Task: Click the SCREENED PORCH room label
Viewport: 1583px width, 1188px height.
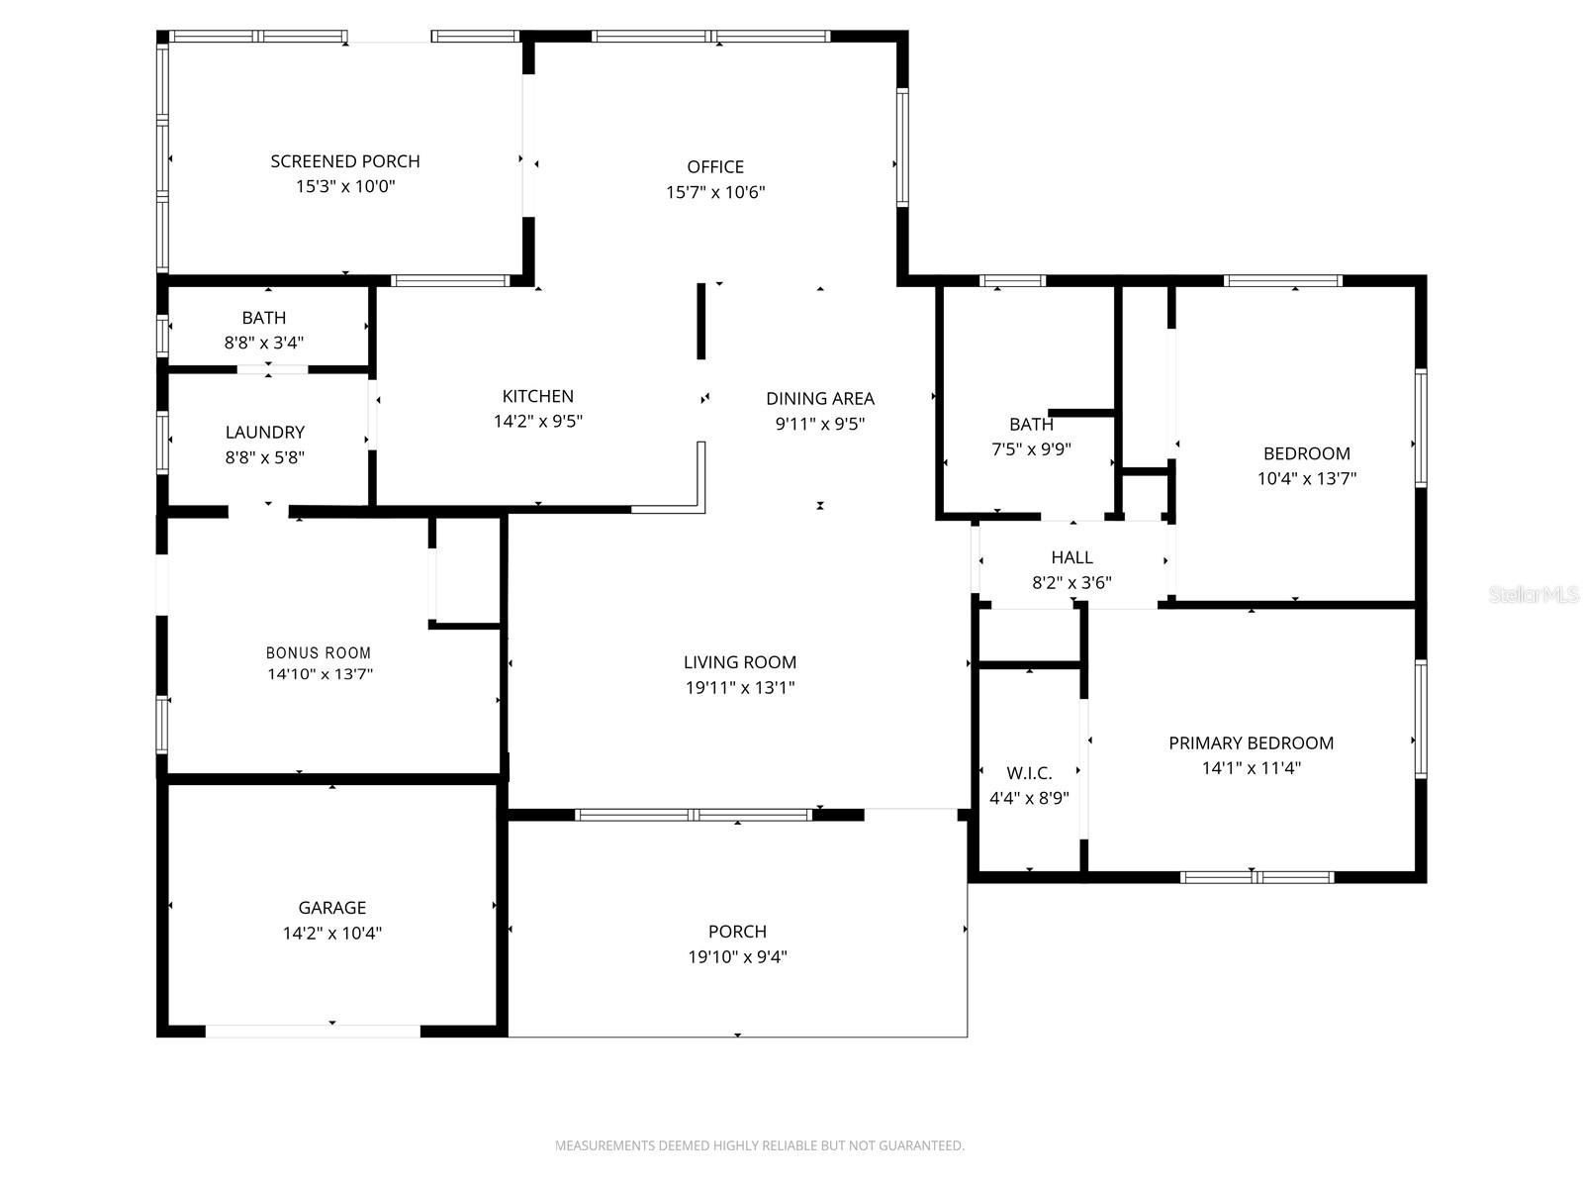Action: point(344,161)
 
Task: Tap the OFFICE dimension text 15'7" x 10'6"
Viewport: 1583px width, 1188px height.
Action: point(714,192)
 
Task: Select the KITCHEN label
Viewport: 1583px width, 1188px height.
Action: point(538,396)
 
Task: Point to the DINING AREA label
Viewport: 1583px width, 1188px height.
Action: point(820,398)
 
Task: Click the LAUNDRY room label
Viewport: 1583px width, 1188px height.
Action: point(265,432)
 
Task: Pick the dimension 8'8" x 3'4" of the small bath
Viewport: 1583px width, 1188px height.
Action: point(264,343)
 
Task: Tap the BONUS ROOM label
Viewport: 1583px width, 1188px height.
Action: point(319,652)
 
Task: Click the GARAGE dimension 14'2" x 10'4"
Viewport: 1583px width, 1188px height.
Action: point(331,933)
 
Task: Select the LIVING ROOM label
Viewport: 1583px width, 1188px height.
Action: point(740,662)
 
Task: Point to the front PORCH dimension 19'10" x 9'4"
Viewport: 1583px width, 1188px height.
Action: point(737,956)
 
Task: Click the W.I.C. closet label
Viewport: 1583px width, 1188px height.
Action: point(1029,773)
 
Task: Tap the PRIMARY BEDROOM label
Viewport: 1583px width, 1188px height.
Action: point(1252,742)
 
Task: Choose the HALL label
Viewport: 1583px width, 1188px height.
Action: point(1071,557)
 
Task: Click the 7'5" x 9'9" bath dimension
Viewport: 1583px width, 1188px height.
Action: point(1031,449)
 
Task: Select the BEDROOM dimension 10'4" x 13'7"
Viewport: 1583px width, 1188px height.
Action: point(1307,478)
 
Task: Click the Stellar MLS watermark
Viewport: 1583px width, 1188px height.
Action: point(1534,594)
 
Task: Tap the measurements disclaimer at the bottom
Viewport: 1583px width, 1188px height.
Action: point(760,1145)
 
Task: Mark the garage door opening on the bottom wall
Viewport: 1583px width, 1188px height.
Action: point(313,1032)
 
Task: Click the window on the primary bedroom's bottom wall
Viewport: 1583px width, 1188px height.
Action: point(1257,877)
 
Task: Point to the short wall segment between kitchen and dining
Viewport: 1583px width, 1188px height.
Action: point(701,321)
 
